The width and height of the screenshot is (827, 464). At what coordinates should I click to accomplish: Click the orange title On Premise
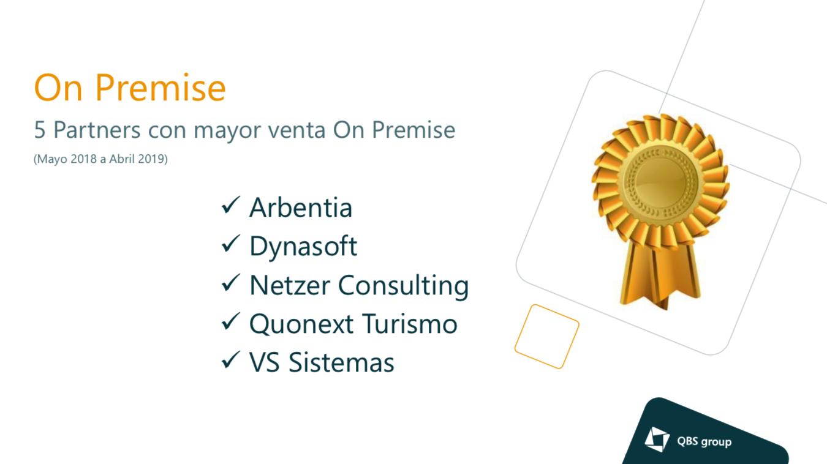click(x=130, y=88)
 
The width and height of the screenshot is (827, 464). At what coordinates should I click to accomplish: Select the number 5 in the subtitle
click(x=39, y=130)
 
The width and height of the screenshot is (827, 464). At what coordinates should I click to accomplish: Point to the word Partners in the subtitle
click(x=97, y=130)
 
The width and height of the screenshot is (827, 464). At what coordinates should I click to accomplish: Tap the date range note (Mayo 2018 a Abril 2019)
click(x=100, y=159)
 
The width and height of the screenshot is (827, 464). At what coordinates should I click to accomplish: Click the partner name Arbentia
click(x=301, y=208)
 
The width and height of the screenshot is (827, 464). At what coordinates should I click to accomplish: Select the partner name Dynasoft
click(x=303, y=246)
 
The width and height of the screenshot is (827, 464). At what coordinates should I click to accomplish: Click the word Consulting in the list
click(x=404, y=286)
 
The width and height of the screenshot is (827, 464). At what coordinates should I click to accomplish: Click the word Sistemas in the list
click(x=341, y=362)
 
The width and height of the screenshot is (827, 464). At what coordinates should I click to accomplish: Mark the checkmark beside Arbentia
click(x=231, y=205)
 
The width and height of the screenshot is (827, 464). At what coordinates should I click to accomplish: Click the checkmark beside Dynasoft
click(x=231, y=244)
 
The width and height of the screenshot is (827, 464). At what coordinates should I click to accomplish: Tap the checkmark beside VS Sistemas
click(x=231, y=360)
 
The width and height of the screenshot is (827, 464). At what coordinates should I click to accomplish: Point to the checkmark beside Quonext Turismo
click(x=231, y=321)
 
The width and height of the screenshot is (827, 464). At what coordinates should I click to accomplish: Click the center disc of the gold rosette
click(x=660, y=181)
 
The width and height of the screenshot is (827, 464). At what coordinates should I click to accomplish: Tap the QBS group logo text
click(x=704, y=441)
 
